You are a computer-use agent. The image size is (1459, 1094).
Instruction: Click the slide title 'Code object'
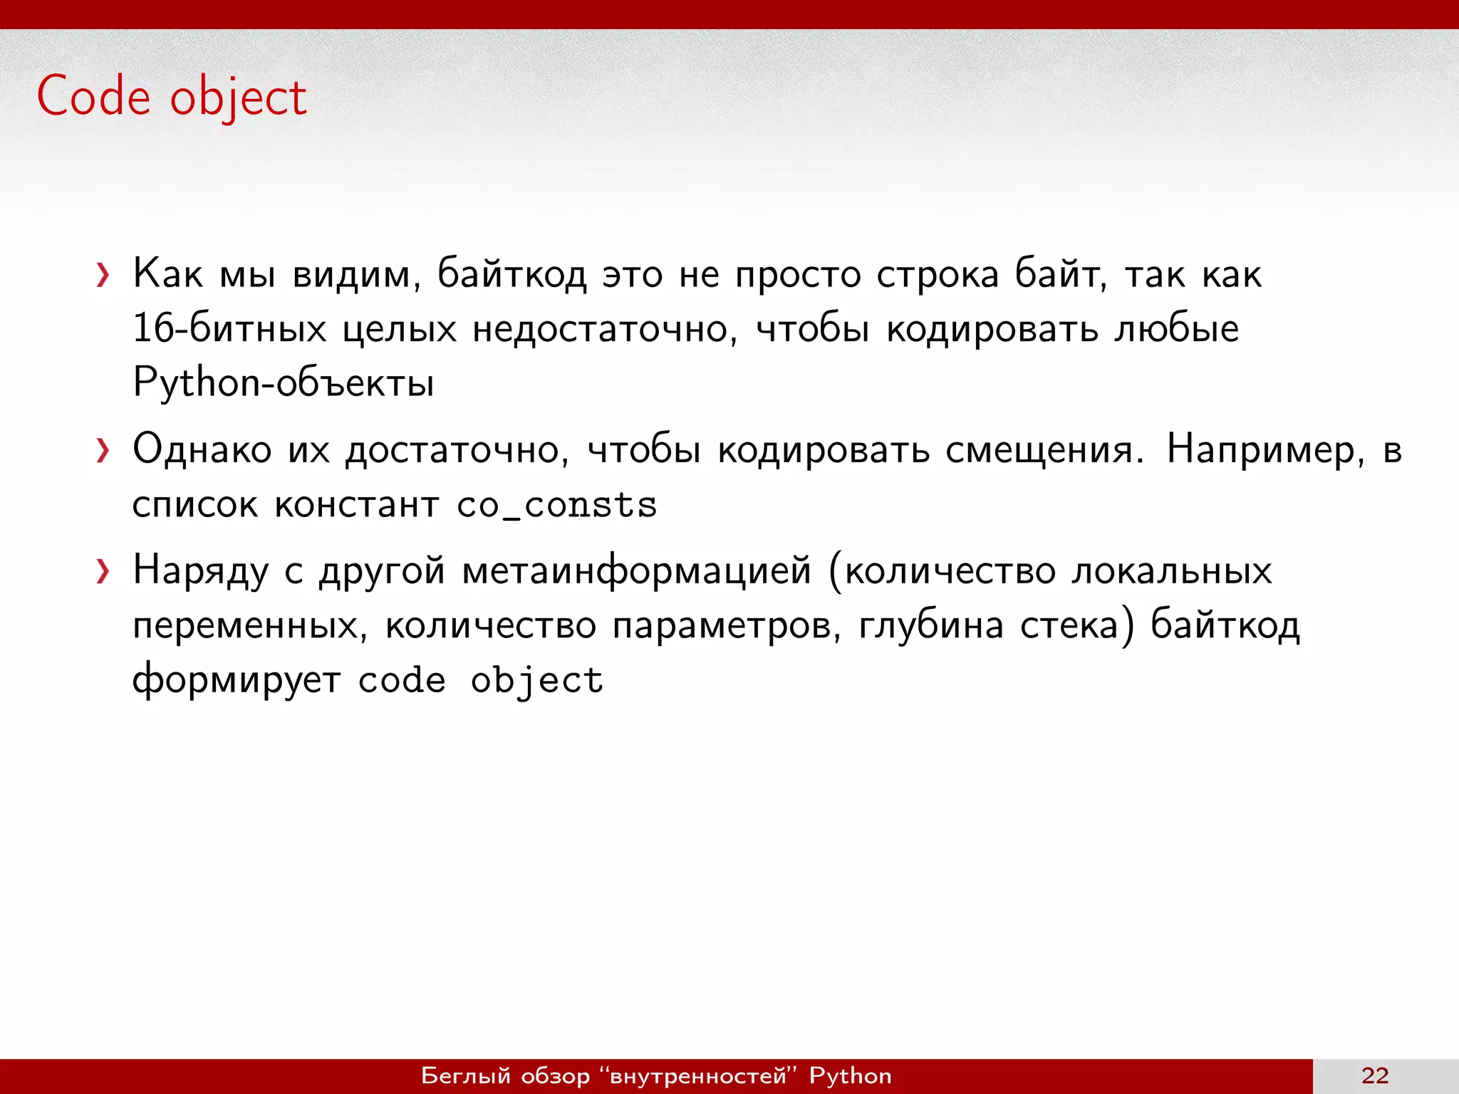[172, 97]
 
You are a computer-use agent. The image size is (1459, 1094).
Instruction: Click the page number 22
[1374, 1075]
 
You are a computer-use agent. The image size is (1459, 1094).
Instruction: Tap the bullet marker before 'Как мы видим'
[103, 275]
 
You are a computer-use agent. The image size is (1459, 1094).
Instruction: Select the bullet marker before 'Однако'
[103, 451]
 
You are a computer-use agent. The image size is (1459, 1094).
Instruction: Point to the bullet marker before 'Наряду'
[103, 571]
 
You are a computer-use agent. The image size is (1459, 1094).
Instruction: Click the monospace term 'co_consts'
[556, 506]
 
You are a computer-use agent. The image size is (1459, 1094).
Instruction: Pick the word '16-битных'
[229, 329]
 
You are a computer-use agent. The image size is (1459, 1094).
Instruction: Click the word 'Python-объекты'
[284, 383]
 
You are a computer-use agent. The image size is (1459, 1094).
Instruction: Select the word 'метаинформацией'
[636, 571]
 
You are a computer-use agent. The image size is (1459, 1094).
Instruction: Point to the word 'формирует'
[237, 680]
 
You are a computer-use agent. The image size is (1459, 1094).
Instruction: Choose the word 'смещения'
[1044, 451]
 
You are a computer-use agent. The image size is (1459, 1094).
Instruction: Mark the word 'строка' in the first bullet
[938, 275]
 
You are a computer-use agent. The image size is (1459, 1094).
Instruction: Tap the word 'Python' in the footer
[850, 1075]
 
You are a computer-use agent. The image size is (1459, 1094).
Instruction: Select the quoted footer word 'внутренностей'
[698, 1075]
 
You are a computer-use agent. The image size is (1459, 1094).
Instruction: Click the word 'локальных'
[1172, 571]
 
